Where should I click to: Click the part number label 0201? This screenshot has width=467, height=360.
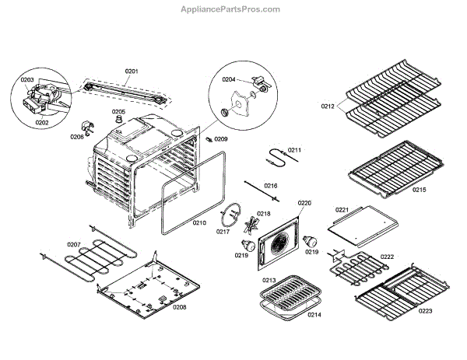pyautogui.click(x=132, y=72)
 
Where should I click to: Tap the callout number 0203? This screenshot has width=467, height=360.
pyautogui.click(x=27, y=80)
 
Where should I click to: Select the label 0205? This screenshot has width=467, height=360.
pyautogui.click(x=118, y=112)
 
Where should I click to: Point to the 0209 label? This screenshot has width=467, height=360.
pyautogui.click(x=222, y=139)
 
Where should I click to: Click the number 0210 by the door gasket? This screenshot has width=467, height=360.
pyautogui.click(x=199, y=222)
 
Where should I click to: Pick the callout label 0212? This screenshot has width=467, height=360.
pyautogui.click(x=328, y=105)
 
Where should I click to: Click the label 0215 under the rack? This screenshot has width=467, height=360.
pyautogui.click(x=420, y=190)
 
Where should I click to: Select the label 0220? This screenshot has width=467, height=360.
pyautogui.click(x=304, y=203)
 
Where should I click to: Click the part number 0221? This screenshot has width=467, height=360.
pyautogui.click(x=342, y=209)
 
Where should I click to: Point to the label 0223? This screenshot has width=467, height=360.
pyautogui.click(x=424, y=310)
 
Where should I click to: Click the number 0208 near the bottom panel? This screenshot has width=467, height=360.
pyautogui.click(x=180, y=307)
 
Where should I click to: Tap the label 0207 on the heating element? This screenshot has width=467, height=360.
pyautogui.click(x=73, y=245)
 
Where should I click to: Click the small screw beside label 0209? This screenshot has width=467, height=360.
pyautogui.click(x=209, y=138)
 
